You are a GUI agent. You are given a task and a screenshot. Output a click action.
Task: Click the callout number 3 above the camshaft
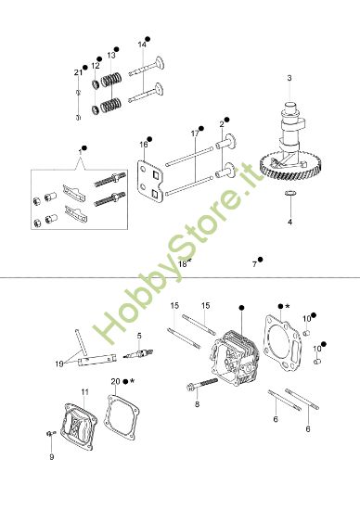[289, 78]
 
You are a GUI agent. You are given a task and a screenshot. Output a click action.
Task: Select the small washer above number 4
[289, 194]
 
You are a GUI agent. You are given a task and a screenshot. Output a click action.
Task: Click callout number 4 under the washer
[289, 223]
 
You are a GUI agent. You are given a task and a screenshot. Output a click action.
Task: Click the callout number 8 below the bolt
[197, 404]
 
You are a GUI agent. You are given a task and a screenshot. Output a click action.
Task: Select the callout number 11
[84, 392]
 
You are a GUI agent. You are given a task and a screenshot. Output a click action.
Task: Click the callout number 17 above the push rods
[195, 134]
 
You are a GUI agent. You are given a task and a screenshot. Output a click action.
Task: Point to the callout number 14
[142, 44]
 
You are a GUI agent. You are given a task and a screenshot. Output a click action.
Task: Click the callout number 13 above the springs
[111, 55]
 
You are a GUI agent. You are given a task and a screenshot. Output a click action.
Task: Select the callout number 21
[78, 72]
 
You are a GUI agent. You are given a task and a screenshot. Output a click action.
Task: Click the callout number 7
[254, 264]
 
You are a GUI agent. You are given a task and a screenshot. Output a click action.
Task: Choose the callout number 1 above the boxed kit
[80, 149]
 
